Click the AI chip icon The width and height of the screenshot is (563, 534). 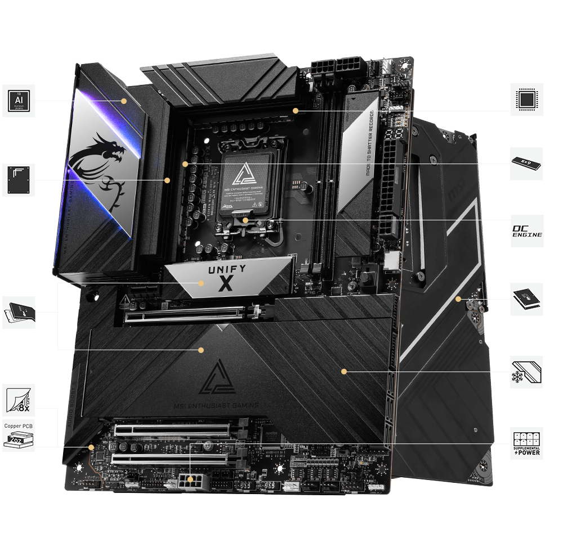tap(19, 101)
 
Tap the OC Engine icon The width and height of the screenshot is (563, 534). tap(527, 231)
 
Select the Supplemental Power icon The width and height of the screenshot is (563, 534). tap(527, 444)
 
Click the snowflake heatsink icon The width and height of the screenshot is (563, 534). tap(527, 372)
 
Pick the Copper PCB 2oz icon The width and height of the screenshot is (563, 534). tap(19, 435)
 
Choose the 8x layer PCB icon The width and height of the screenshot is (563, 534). tap(19, 400)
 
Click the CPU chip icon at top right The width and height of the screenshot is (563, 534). tap(527, 99)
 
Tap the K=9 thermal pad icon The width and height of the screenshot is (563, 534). tap(527, 164)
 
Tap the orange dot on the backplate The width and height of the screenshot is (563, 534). tap(458, 298)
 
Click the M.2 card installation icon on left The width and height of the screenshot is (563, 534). tap(19, 313)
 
